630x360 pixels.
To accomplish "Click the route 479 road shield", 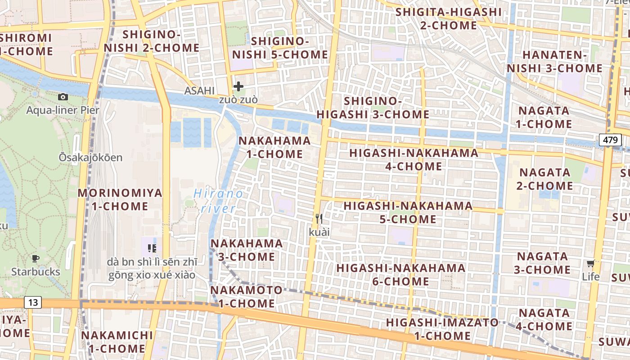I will pyautogui.click(x=610, y=140).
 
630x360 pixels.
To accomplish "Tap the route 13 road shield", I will pyautogui.click(x=33, y=302).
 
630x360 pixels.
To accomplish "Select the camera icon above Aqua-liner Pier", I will pyautogui.click(x=63, y=97).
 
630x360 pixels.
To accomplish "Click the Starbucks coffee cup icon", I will pyautogui.click(x=36, y=258).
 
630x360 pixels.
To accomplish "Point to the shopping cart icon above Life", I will pyautogui.click(x=590, y=263).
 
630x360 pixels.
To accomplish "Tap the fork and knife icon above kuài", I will pyautogui.click(x=319, y=219).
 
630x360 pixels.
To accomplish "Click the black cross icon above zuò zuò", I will pyautogui.click(x=238, y=86).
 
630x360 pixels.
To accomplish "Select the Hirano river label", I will pyautogui.click(x=219, y=201).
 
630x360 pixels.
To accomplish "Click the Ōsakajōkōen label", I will pyautogui.click(x=90, y=157).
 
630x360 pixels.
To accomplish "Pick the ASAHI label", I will pyautogui.click(x=199, y=91).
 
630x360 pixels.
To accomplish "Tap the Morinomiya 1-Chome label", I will pyautogui.click(x=120, y=200).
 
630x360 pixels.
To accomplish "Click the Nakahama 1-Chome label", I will pyautogui.click(x=274, y=147).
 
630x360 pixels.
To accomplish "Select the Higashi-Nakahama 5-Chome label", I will pyautogui.click(x=408, y=212).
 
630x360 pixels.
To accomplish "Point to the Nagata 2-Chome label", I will pyautogui.click(x=545, y=179).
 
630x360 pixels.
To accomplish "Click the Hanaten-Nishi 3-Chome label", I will pyautogui.click(x=554, y=62).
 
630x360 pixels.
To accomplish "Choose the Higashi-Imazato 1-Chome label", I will pyautogui.click(x=442, y=329).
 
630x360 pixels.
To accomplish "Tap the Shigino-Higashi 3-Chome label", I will pyautogui.click(x=373, y=108).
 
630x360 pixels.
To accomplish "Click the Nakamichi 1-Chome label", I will pyautogui.click(x=117, y=342).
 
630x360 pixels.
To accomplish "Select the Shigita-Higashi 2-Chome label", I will pyautogui.click(x=449, y=18).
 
